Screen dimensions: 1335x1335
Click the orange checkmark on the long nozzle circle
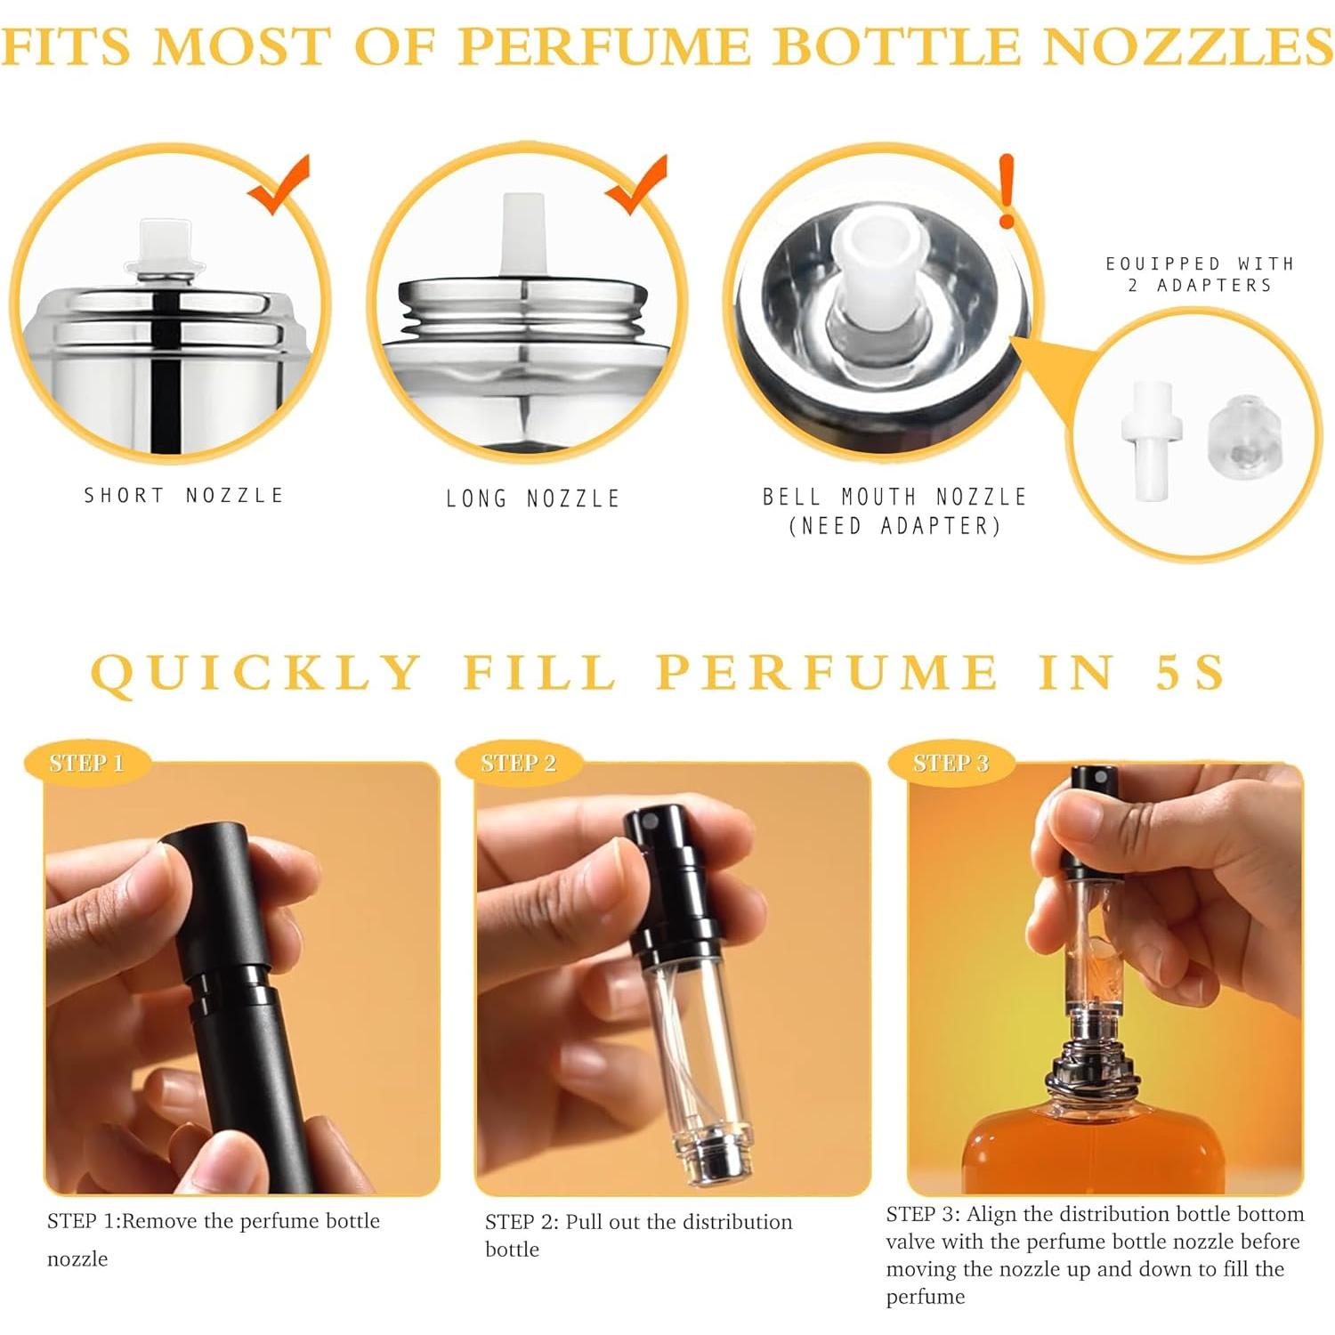pyautogui.click(x=638, y=185)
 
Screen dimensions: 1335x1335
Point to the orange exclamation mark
pyautogui.click(x=1007, y=190)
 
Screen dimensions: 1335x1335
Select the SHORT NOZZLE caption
pyautogui.click(x=183, y=496)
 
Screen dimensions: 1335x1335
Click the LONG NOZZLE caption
pyautogui.click(x=532, y=498)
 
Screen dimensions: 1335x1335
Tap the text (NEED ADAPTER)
pyautogui.click(x=894, y=526)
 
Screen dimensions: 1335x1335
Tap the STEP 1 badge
pyautogui.click(x=86, y=763)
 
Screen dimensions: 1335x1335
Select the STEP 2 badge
pyautogui.click(x=518, y=763)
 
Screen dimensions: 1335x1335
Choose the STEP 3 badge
pyautogui.click(x=951, y=763)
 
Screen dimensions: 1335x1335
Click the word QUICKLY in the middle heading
pyautogui.click(x=256, y=672)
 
